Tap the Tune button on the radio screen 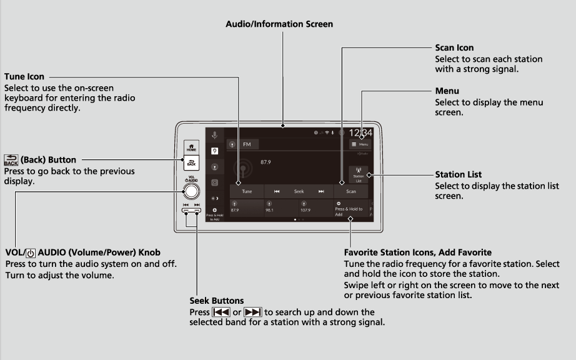point(247,191)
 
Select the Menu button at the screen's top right point(360,144)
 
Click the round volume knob point(192,191)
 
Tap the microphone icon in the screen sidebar point(214,135)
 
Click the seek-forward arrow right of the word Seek point(321,191)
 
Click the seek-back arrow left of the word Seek point(277,191)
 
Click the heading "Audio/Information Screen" point(279,24)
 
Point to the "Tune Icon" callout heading point(24,77)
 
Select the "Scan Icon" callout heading point(454,47)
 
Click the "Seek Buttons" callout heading point(216,301)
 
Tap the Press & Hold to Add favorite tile point(350,207)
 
